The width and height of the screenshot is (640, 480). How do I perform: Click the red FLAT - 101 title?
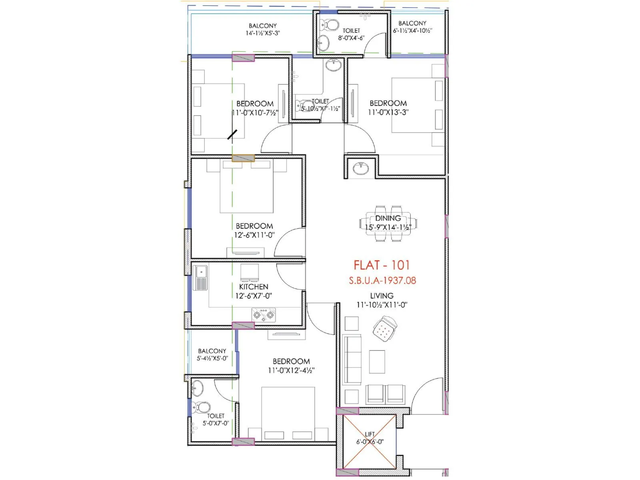(x=382, y=265)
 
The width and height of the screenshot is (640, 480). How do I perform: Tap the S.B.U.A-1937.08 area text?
(x=382, y=280)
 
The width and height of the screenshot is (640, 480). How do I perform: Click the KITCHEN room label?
(x=254, y=287)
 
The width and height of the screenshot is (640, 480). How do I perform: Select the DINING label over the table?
(x=388, y=218)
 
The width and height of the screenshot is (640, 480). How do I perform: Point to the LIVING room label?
(x=382, y=296)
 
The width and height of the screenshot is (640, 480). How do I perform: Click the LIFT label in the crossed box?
(x=370, y=434)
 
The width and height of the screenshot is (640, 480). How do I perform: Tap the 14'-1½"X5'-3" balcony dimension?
(x=262, y=33)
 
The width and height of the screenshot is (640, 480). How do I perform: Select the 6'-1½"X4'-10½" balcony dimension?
(x=412, y=31)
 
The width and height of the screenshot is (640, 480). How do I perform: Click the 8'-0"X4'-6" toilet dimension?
(x=351, y=38)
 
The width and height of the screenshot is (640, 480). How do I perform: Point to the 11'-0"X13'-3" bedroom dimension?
(x=388, y=112)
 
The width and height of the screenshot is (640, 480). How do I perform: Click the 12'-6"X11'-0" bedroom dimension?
(x=254, y=235)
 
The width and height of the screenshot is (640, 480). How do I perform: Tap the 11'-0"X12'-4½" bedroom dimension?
(x=291, y=370)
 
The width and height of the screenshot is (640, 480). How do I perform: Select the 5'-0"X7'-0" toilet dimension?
(x=216, y=423)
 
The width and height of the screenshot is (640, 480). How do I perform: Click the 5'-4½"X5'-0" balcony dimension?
(x=212, y=358)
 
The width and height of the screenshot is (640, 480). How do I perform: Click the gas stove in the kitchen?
(x=264, y=315)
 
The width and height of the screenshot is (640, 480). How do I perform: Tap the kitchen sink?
(x=200, y=278)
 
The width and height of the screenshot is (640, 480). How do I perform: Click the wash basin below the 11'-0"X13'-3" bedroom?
(x=361, y=168)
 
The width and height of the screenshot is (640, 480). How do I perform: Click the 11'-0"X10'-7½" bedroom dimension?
(x=255, y=113)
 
